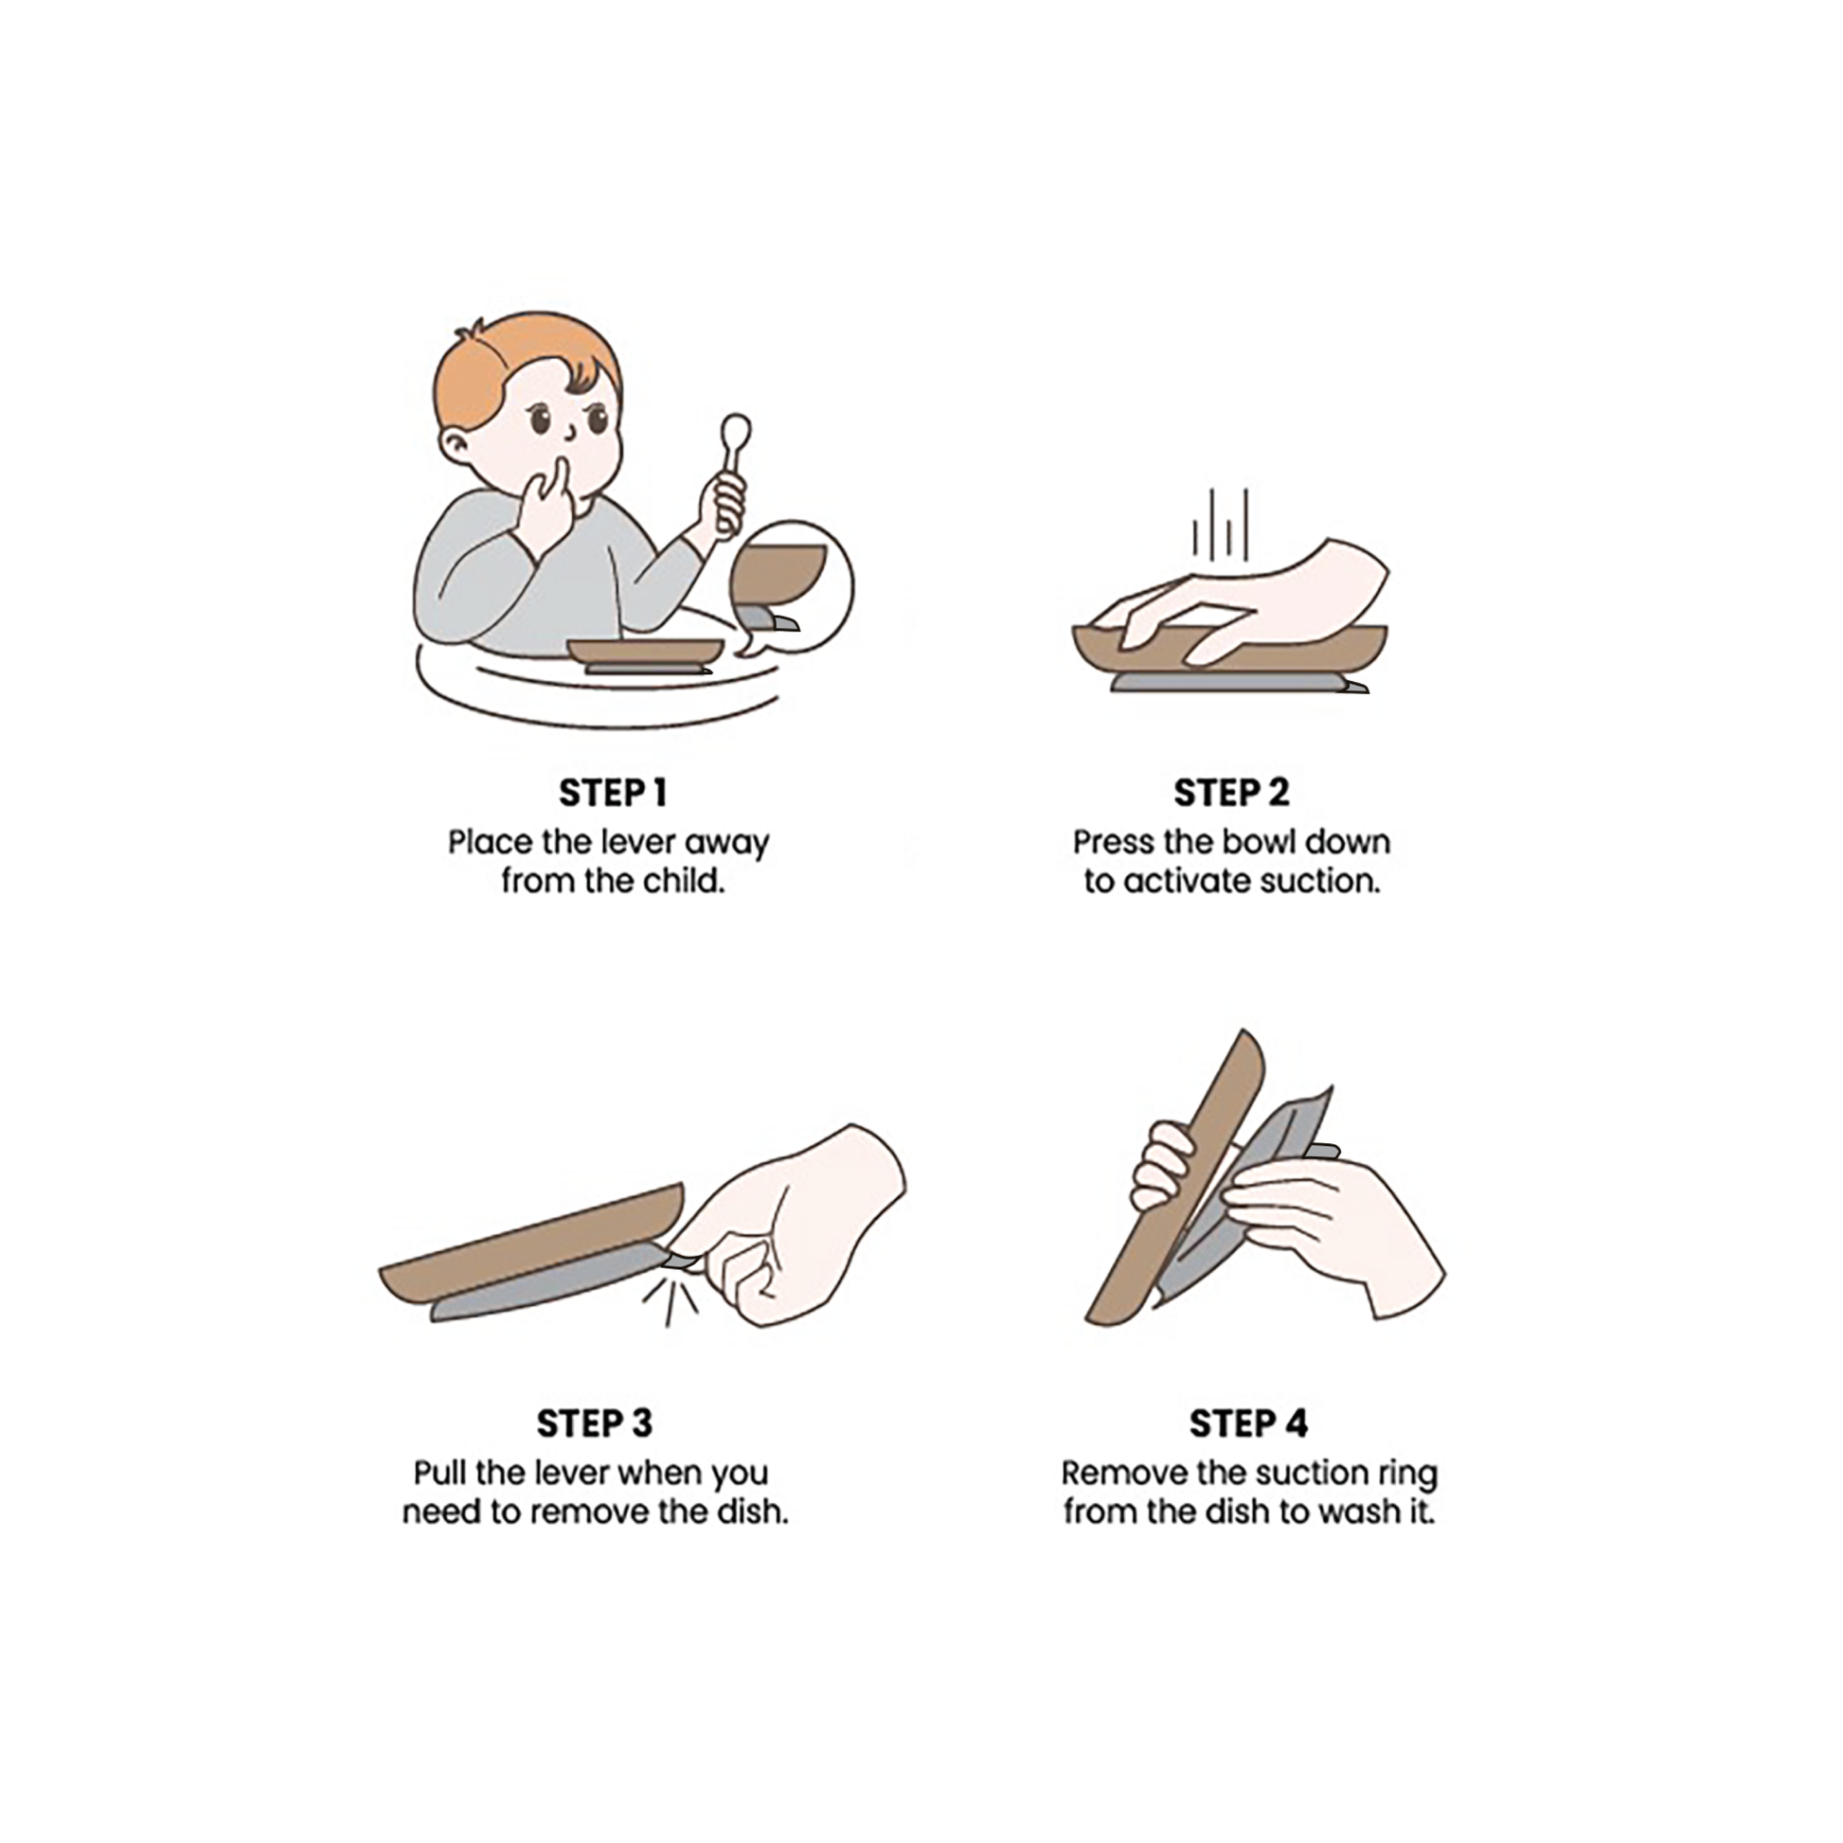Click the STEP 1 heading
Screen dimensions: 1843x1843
[x=613, y=793]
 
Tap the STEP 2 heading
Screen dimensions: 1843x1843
[x=1231, y=793]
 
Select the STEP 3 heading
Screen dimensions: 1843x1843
[x=595, y=1423]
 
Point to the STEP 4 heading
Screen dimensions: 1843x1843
[x=1248, y=1423]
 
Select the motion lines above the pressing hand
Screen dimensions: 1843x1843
[x=1220, y=525]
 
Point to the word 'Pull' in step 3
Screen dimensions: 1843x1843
[x=440, y=1473]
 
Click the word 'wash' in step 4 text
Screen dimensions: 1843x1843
[x=1359, y=1512]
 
